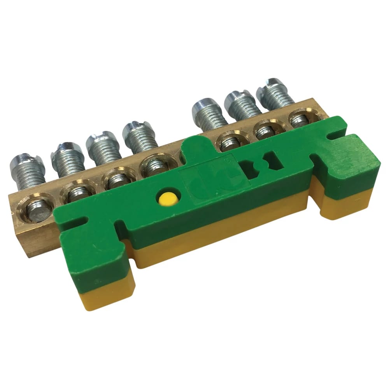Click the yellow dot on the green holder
click(x=168, y=199)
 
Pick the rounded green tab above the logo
click(x=196, y=148)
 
